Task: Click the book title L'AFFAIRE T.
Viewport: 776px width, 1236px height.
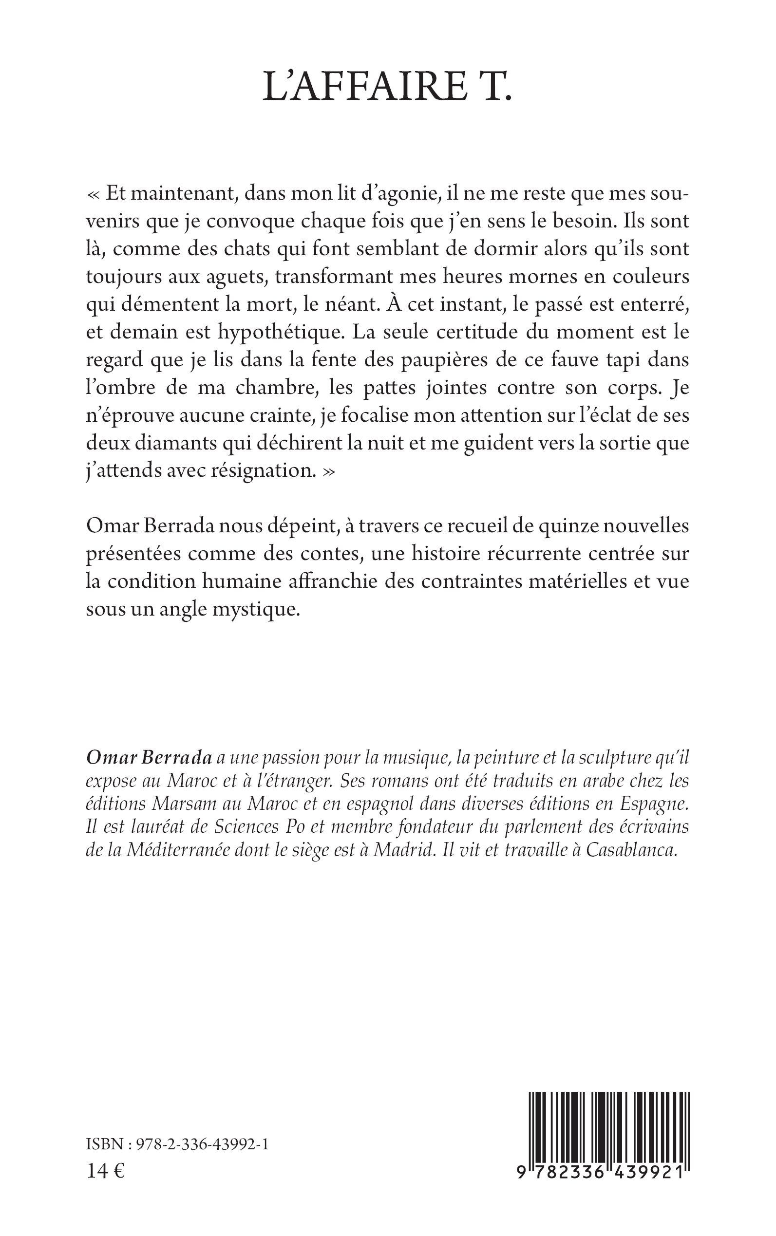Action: pos(387,86)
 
